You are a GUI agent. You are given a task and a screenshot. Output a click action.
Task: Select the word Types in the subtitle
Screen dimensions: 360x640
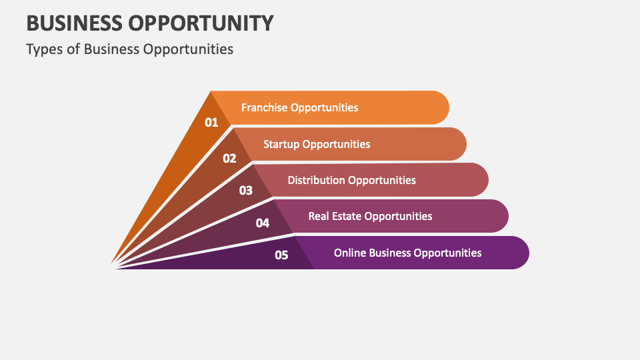42,49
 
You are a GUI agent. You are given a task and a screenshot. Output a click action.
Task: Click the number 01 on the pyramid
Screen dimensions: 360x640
211,122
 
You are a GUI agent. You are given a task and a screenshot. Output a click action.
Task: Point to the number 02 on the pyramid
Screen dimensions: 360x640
229,158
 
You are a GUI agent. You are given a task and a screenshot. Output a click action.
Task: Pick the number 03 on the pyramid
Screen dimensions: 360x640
246,190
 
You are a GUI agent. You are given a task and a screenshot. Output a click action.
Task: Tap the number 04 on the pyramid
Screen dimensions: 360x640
263,223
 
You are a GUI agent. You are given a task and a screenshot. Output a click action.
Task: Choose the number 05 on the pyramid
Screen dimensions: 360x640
281,255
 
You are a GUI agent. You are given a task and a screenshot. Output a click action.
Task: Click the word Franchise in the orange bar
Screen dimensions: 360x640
265,107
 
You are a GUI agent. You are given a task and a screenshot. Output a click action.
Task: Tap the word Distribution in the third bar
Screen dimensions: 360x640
316,180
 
